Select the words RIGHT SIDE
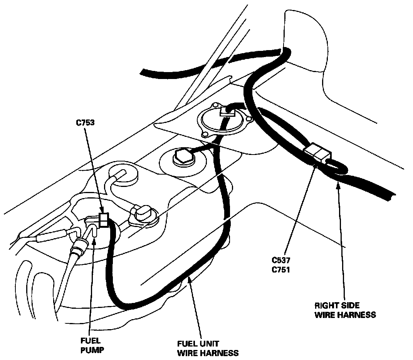pyautogui.click(x=337, y=305)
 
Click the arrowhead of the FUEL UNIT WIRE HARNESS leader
pyautogui.click(x=189, y=280)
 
